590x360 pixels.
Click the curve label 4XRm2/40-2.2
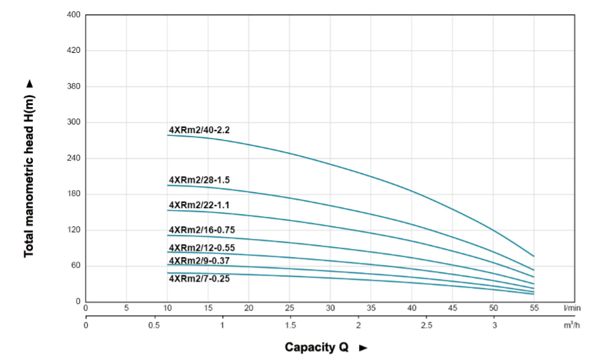(199, 130)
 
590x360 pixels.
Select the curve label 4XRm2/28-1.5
(199, 180)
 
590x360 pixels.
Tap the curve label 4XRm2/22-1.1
(199, 205)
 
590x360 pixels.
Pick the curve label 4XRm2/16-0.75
(202, 230)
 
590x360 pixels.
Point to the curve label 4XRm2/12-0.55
(202, 248)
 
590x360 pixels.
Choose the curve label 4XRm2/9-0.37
(199, 260)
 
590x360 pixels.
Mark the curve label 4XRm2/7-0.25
(199, 278)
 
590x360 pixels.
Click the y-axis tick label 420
(74, 51)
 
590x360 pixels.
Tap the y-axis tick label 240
(74, 158)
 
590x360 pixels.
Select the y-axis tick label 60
(76, 266)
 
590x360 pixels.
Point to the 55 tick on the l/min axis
(534, 308)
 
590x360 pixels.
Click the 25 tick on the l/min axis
(289, 308)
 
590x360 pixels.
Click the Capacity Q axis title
(317, 347)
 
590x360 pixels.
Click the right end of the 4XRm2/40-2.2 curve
(533, 256)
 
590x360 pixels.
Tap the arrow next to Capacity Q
(364, 348)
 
